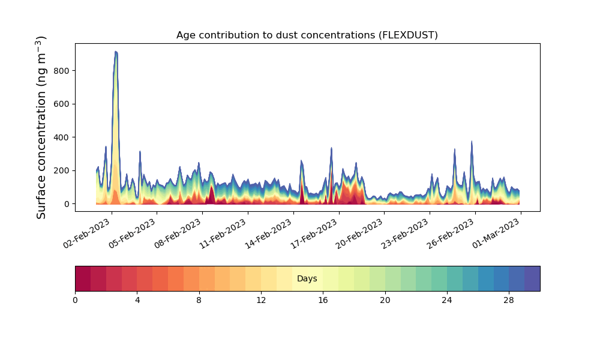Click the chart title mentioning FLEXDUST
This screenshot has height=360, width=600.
pyautogui.click(x=307, y=35)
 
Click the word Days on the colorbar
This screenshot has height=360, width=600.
pyautogui.click(x=307, y=279)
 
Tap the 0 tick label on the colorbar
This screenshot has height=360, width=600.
pyautogui.click(x=75, y=300)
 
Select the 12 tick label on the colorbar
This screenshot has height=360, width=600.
pyautogui.click(x=261, y=300)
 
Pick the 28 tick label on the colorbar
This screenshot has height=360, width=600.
pyautogui.click(x=509, y=300)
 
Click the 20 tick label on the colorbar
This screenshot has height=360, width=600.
pyautogui.click(x=385, y=300)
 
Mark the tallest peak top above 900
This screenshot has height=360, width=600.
pyautogui.click(x=116, y=52)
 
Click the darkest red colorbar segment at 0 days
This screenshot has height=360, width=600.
pyautogui.click(x=83, y=278)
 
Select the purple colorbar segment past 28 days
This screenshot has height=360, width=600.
pyautogui.click(x=532, y=278)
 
